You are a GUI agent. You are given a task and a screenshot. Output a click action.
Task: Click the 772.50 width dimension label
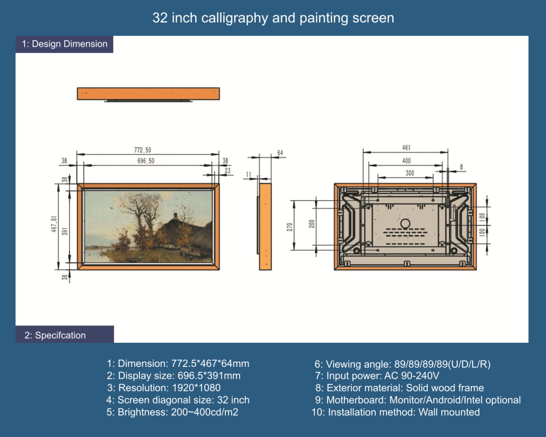click(142, 150)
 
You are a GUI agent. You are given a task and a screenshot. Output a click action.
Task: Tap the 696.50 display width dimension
click(146, 161)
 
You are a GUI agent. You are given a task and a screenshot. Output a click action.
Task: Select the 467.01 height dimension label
click(54, 224)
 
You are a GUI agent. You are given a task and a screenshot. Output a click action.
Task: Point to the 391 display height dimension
click(65, 231)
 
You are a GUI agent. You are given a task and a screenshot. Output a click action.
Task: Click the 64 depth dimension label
click(280, 152)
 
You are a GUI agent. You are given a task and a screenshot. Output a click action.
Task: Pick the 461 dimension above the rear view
click(406, 147)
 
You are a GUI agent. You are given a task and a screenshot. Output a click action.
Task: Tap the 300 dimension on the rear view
click(410, 173)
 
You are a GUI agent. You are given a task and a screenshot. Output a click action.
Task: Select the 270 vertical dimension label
click(290, 227)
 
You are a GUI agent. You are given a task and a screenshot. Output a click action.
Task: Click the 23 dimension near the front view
click(227, 171)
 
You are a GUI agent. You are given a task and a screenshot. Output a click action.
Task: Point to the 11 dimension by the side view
click(248, 174)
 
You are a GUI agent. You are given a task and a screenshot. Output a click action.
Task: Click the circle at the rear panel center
click(405, 224)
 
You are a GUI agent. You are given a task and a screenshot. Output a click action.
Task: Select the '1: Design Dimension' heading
click(65, 44)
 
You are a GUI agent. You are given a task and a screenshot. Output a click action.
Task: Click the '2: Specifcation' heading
click(55, 335)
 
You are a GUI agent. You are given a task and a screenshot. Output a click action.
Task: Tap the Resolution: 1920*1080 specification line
click(164, 388)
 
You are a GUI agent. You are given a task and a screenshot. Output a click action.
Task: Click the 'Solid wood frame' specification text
click(445, 388)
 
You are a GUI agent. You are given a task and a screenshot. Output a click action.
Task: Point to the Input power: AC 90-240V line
click(377, 376)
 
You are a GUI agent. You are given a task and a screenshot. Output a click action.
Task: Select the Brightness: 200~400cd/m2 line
click(172, 412)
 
